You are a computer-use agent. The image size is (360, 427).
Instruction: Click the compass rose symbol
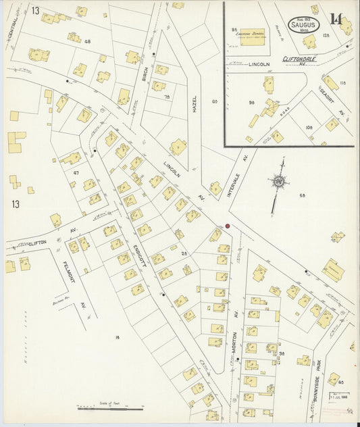coord(276,181)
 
